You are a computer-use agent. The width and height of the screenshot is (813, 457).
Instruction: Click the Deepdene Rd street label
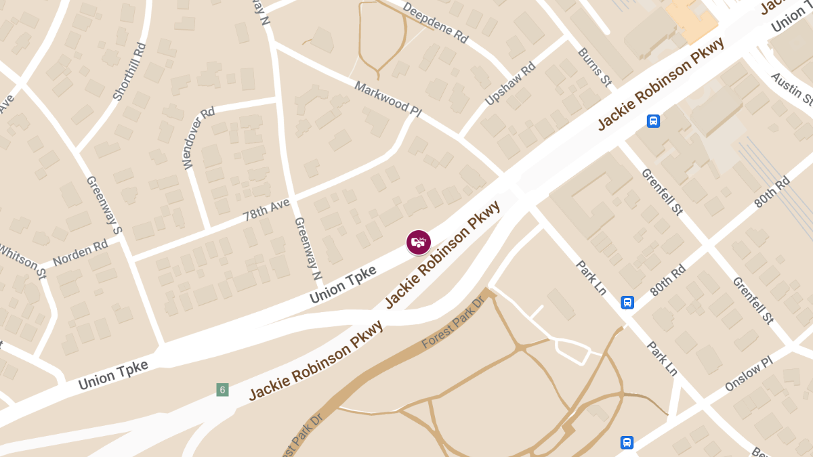click(x=436, y=23)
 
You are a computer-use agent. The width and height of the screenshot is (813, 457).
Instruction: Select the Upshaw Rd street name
click(x=510, y=84)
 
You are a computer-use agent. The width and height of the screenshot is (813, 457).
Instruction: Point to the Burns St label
click(x=594, y=66)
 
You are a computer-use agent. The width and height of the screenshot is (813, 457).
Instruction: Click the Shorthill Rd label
click(x=129, y=72)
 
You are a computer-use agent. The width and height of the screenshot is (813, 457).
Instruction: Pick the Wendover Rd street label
click(x=199, y=137)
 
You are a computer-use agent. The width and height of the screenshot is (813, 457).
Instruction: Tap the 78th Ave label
click(x=267, y=209)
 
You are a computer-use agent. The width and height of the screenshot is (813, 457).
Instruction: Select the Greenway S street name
click(x=104, y=206)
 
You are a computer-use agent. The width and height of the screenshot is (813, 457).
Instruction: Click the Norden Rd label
click(x=80, y=253)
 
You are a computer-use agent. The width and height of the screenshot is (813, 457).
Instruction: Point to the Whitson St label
click(x=23, y=261)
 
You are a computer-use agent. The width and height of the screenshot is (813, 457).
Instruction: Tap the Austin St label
click(x=791, y=89)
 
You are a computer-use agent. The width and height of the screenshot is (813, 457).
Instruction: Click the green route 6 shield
click(x=222, y=389)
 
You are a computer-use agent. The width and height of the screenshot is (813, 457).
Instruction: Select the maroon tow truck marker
click(x=419, y=242)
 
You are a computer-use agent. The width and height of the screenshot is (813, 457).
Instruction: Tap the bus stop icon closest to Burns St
click(x=653, y=121)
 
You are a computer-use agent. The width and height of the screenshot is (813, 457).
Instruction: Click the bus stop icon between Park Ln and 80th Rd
click(x=627, y=302)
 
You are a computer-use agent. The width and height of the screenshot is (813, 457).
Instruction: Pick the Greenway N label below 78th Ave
click(x=307, y=248)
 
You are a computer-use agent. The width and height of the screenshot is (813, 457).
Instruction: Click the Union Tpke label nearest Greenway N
click(x=343, y=283)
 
